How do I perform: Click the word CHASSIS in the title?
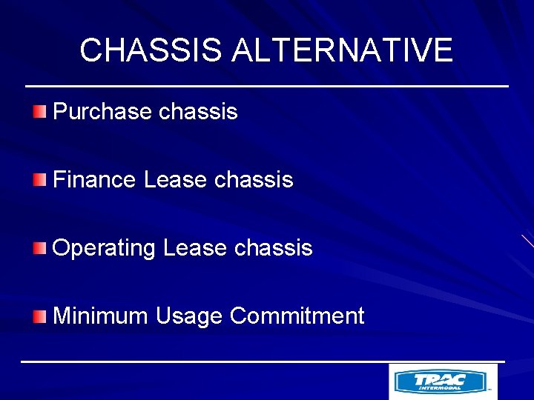coord(151,50)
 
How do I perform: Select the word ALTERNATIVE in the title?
coord(342,50)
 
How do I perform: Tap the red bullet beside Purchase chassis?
coord(39,112)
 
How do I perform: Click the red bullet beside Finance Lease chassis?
coord(39,180)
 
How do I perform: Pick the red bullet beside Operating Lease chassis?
coord(39,248)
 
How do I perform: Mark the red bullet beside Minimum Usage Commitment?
coord(39,316)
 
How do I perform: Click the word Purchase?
coord(102,112)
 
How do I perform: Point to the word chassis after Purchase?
coord(198,112)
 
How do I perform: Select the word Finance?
coord(94,180)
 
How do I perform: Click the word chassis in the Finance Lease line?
coord(254,180)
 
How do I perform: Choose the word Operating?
coord(104,248)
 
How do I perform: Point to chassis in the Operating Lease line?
coord(273,248)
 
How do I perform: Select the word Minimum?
coord(101,316)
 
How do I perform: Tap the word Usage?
coord(189,316)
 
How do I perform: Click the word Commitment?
coord(297,316)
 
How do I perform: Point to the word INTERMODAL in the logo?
coord(440,387)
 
